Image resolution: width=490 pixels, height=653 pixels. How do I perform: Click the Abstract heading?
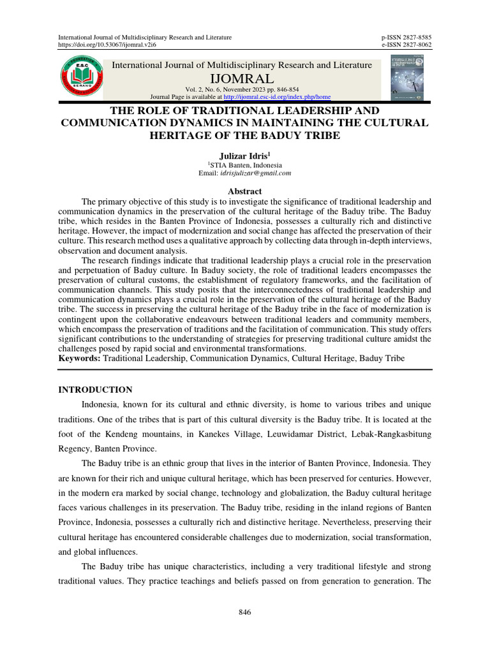pyautogui.click(x=245, y=191)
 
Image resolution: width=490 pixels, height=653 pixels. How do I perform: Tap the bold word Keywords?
pyautogui.click(x=79, y=359)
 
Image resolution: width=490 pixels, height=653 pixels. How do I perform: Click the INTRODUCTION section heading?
pyautogui.click(x=96, y=390)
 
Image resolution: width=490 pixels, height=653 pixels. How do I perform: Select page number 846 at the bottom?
pyautogui.click(x=245, y=612)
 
